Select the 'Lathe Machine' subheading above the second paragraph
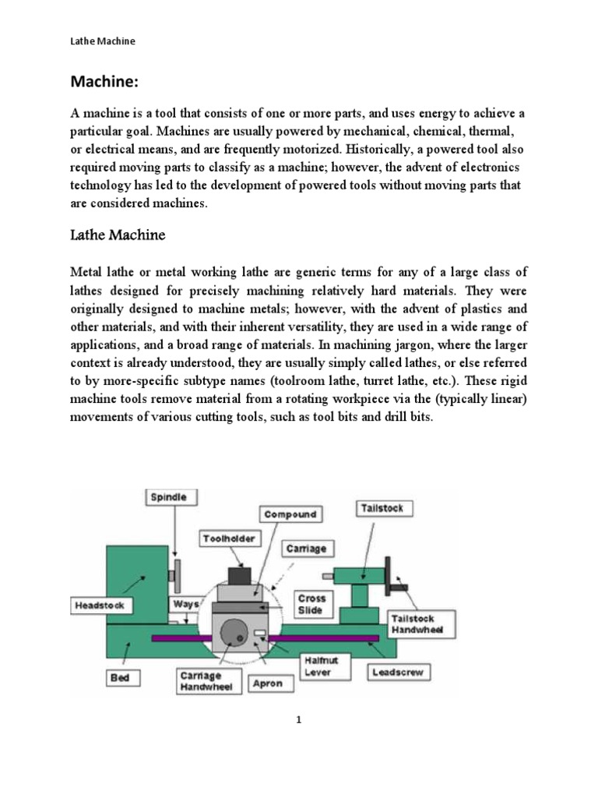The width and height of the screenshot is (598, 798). click(118, 235)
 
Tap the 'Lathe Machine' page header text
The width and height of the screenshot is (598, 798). click(102, 41)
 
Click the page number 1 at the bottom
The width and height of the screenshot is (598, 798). click(298, 720)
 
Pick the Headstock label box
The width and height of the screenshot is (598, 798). click(99, 605)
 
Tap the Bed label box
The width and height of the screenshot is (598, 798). click(119, 678)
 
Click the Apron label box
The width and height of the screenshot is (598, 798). click(268, 684)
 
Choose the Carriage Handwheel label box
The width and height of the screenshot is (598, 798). click(201, 681)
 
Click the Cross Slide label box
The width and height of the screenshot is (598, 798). click(311, 604)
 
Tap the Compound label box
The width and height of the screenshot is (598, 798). click(290, 514)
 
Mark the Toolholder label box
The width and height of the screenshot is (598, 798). click(228, 538)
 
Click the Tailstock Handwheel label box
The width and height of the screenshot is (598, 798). click(411, 623)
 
